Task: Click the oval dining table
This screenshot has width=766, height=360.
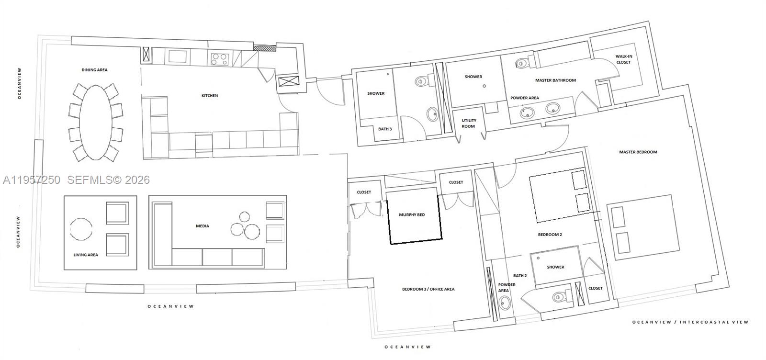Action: click(96, 123)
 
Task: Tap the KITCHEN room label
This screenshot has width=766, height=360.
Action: click(210, 96)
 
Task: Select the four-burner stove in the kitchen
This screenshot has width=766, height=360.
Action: click(220, 59)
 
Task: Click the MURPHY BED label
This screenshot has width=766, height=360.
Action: click(412, 214)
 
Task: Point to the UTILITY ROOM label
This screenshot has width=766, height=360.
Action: click(469, 124)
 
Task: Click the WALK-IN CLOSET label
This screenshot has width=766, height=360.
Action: click(623, 59)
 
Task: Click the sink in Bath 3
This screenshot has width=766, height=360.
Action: click(432, 114)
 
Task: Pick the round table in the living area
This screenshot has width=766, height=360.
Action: click(81, 229)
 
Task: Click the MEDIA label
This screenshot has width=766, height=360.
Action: click(203, 226)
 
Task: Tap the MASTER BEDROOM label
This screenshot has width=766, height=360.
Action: click(638, 152)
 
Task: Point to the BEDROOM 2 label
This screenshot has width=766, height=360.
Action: click(550, 235)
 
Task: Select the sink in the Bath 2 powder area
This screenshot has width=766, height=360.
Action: click(505, 303)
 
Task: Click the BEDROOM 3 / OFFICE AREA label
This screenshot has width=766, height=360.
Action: click(428, 289)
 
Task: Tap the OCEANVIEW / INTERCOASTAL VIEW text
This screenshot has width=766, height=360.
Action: click(690, 322)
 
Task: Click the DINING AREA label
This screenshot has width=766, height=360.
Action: click(94, 70)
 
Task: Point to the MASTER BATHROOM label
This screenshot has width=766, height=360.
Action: click(555, 80)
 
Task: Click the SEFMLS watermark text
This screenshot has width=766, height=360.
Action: click(108, 180)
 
